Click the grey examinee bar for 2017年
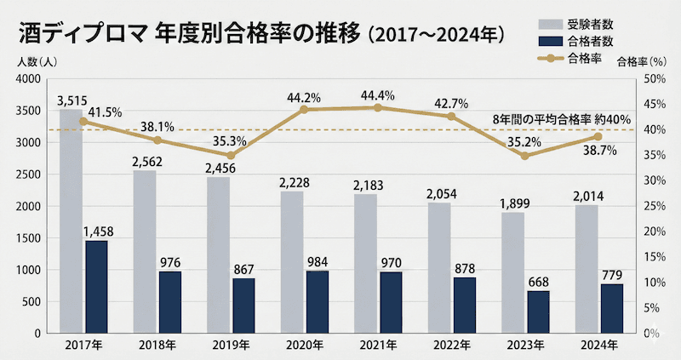[x=71, y=221]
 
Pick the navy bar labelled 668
[x=538, y=312]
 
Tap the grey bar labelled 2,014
[x=587, y=269]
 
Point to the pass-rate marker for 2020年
[x=304, y=109]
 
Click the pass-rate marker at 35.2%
[x=524, y=156]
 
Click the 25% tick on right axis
[x=650, y=206]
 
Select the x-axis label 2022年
[x=452, y=346]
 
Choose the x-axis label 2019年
[x=230, y=346]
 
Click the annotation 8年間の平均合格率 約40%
[x=562, y=118]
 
